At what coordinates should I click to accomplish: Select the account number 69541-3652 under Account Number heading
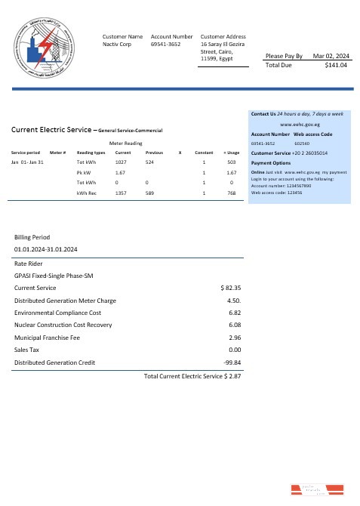[x=166, y=45]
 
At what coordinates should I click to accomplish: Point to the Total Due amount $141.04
[x=334, y=66]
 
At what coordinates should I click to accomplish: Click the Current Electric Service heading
[x=51, y=130]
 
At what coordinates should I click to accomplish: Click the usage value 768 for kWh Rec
[x=232, y=194]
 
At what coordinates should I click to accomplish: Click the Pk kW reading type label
[x=84, y=173]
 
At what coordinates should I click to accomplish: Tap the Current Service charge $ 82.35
[x=229, y=288]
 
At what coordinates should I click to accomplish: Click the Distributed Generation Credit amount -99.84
[x=232, y=363]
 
